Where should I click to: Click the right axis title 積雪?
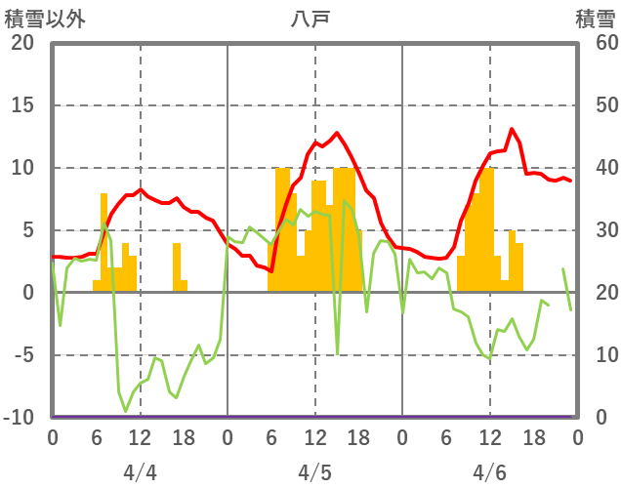tap(595, 18)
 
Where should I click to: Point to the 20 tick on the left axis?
tap(22, 43)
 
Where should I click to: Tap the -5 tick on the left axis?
tap(22, 355)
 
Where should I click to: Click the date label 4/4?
tap(140, 472)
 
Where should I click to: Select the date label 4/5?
tap(314, 472)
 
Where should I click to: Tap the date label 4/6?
tap(489, 472)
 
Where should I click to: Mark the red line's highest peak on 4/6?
tap(512, 129)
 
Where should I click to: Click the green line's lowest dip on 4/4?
tap(126, 411)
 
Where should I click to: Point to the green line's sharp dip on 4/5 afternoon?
tap(337, 352)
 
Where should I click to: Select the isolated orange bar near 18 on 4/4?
tap(177, 266)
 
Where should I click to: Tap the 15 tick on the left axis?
tap(22, 105)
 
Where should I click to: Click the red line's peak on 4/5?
tap(337, 133)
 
